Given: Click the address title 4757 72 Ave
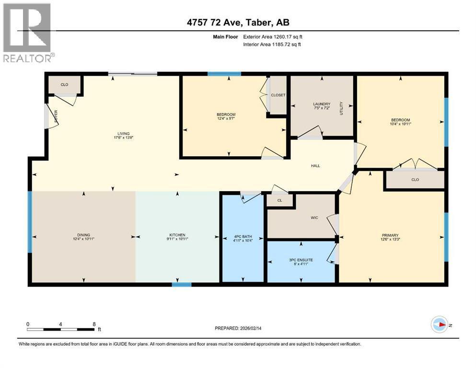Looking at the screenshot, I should click(238, 22).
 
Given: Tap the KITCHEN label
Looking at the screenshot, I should click(177, 235).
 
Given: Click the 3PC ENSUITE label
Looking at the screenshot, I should click(300, 260).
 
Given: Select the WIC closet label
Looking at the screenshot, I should click(314, 218).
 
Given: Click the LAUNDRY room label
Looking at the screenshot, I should click(322, 104).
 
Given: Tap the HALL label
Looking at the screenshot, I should click(315, 166).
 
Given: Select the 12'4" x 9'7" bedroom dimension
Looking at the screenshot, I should click(226, 119).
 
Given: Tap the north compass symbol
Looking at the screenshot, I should click(439, 324).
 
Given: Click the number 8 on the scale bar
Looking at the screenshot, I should click(94, 324).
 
